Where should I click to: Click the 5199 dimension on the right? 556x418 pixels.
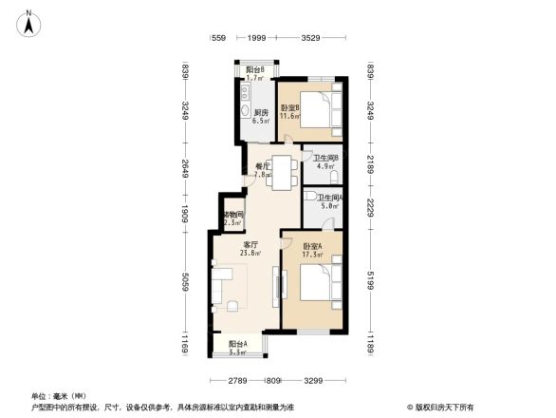click(x=371, y=282)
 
